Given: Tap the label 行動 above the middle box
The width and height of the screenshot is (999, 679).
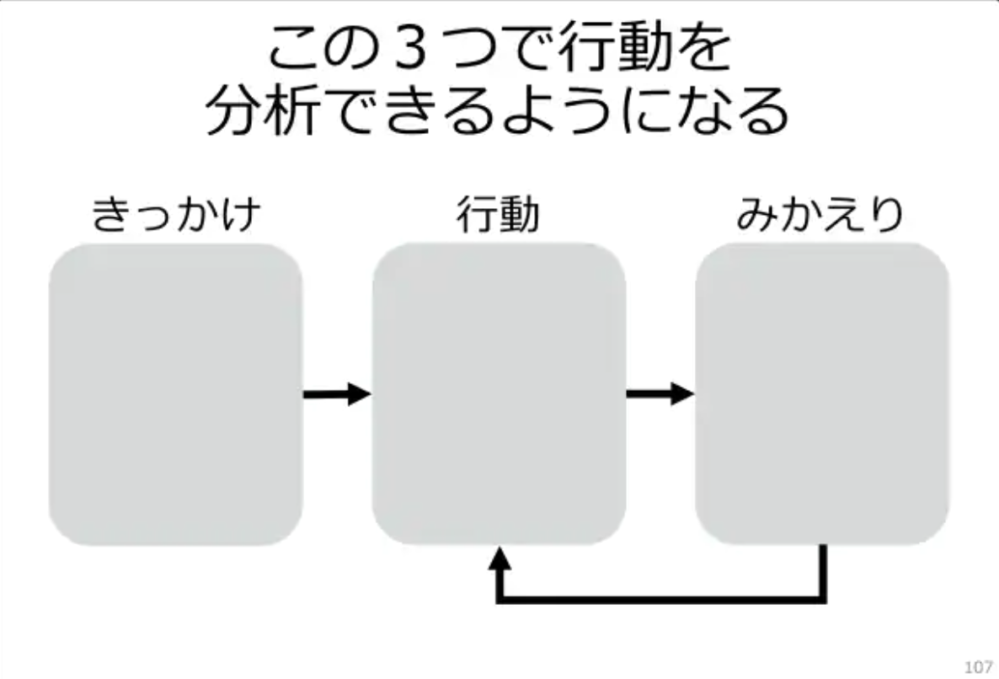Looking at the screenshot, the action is click(498, 214).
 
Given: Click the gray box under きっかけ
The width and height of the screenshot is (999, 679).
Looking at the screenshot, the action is click(176, 394).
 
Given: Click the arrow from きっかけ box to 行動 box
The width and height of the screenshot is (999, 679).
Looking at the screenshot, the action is click(337, 394).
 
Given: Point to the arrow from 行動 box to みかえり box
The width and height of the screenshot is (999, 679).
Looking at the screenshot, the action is click(660, 393).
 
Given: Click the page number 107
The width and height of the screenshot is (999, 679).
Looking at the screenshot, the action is click(979, 667).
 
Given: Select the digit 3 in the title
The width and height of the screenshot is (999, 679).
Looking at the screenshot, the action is click(410, 48).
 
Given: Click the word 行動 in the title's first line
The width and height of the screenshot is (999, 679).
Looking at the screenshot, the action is click(616, 48).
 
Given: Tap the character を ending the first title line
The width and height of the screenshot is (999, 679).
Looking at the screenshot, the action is click(704, 48).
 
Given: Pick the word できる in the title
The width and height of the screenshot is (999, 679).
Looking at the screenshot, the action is click(412, 110).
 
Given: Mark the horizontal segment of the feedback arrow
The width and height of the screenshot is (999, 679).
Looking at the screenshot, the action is click(661, 599).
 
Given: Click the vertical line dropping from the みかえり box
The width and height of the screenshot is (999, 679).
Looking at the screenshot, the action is click(822, 571).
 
